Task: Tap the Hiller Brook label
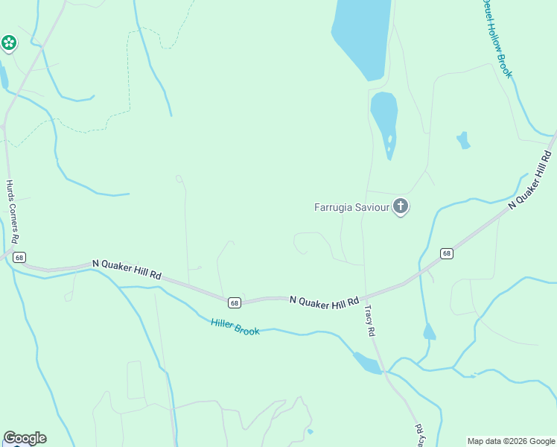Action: click(235, 326)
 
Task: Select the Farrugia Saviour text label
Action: click(352, 207)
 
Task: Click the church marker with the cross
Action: click(401, 206)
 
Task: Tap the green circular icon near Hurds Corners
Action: click(9, 43)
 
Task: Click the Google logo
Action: click(25, 438)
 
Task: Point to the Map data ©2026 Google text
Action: click(511, 441)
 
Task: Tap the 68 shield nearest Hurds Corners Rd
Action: click(19, 257)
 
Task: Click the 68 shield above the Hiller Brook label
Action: click(235, 302)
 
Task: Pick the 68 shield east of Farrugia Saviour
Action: click(446, 253)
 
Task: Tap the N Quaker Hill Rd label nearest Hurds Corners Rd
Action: click(127, 269)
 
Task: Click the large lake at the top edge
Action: click(361, 34)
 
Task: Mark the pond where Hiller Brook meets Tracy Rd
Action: click(367, 363)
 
